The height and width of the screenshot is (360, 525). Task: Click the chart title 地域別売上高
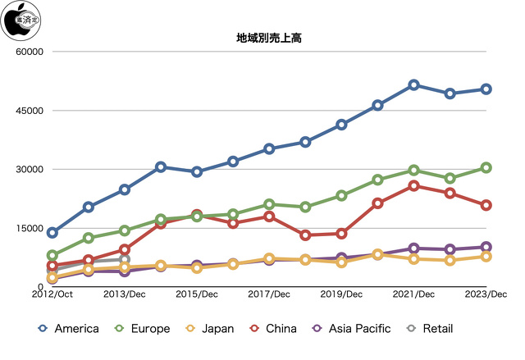click(262, 38)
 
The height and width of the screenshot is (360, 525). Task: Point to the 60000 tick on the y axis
click(29, 52)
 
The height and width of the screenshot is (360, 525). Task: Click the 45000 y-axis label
click(29, 111)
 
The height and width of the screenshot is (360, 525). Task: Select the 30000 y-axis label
click(29, 170)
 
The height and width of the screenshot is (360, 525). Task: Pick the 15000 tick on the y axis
click(29, 228)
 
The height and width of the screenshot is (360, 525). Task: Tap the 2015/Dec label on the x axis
click(197, 294)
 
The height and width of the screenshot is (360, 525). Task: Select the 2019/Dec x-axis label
click(341, 294)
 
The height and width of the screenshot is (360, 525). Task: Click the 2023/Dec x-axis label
click(486, 294)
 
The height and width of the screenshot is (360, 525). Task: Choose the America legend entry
click(69, 329)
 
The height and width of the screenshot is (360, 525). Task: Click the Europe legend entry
click(140, 329)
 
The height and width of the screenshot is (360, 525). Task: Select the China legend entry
click(272, 329)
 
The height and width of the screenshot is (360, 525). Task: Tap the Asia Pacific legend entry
click(351, 329)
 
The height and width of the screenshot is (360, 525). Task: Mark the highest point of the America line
click(413, 85)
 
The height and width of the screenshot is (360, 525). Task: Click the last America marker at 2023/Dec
click(486, 89)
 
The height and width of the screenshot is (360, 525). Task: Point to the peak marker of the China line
click(413, 186)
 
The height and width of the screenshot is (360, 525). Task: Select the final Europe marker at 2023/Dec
click(486, 167)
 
